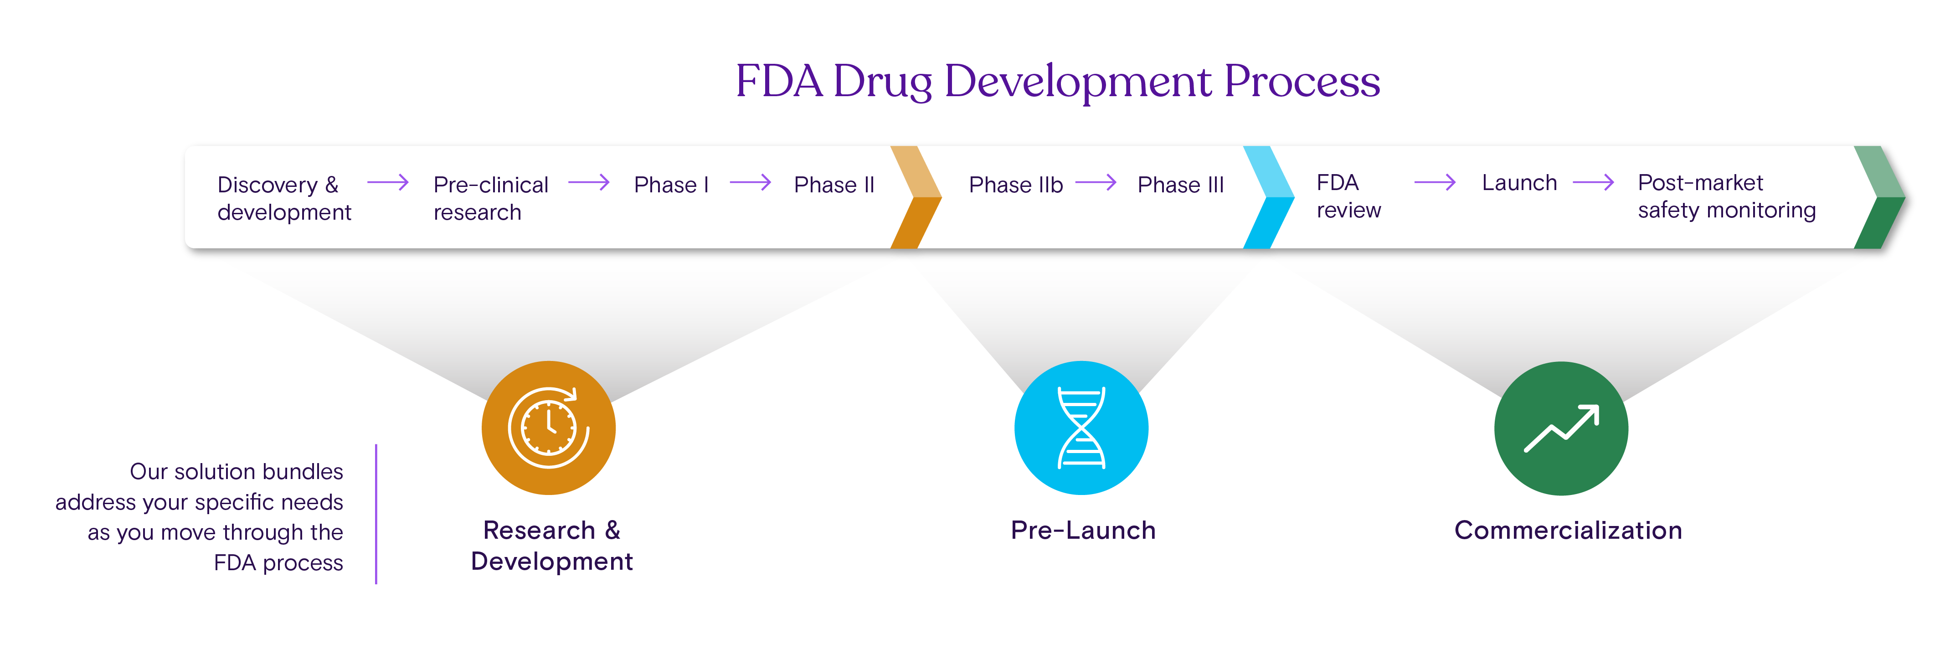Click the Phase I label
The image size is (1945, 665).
pyautogui.click(x=670, y=185)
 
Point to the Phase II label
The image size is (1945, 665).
pyautogui.click(x=834, y=185)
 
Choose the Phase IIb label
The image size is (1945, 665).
pyautogui.click(x=1015, y=185)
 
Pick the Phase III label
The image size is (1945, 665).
pyautogui.click(x=1180, y=185)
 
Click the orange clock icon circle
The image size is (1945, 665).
pyautogui.click(x=549, y=428)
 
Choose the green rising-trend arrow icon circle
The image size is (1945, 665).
pyautogui.click(x=1561, y=428)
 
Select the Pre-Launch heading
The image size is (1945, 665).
pyautogui.click(x=1083, y=530)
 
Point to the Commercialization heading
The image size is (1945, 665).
pyautogui.click(x=1568, y=530)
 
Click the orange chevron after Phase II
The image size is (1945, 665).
pyautogui.click(x=916, y=198)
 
